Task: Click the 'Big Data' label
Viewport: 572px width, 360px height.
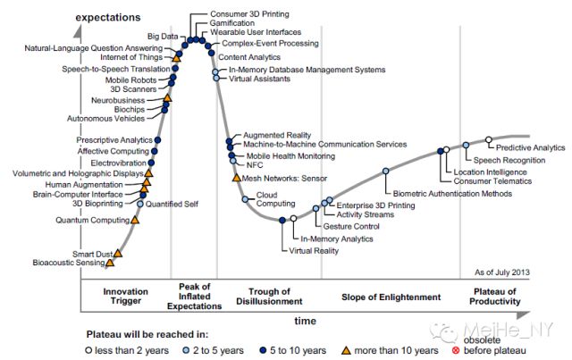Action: point(162,35)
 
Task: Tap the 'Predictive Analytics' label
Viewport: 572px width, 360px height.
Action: point(530,147)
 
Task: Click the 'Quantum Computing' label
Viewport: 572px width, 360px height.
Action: point(92,219)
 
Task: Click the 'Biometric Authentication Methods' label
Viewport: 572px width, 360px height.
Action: point(446,194)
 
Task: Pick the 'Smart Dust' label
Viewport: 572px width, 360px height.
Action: point(92,254)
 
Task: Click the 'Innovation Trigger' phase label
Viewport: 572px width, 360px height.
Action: point(125,297)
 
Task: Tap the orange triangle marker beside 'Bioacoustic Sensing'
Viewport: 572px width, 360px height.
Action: point(111,263)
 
